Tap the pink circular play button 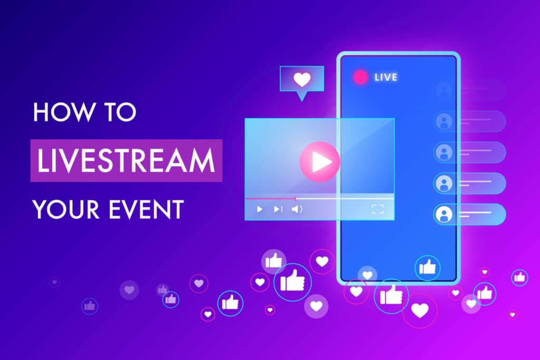(319, 162)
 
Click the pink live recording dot (361, 77)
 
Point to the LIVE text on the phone (385, 77)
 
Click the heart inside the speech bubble (302, 80)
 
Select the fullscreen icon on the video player (378, 209)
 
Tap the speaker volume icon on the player (297, 209)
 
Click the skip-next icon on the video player (278, 209)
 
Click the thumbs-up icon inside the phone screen (427, 267)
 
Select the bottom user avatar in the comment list (443, 214)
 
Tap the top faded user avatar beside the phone (443, 90)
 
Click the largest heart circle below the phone (420, 310)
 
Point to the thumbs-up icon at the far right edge (519, 277)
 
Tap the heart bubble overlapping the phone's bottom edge (368, 275)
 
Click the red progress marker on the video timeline (295, 199)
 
